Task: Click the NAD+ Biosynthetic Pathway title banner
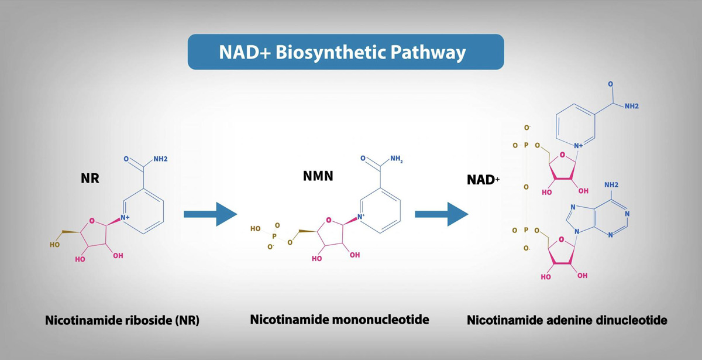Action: [345, 52]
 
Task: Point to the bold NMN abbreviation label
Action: [317, 176]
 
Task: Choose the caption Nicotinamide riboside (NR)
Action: [122, 321]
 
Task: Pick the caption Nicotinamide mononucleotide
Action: [339, 320]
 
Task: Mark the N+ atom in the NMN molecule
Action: [362, 217]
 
